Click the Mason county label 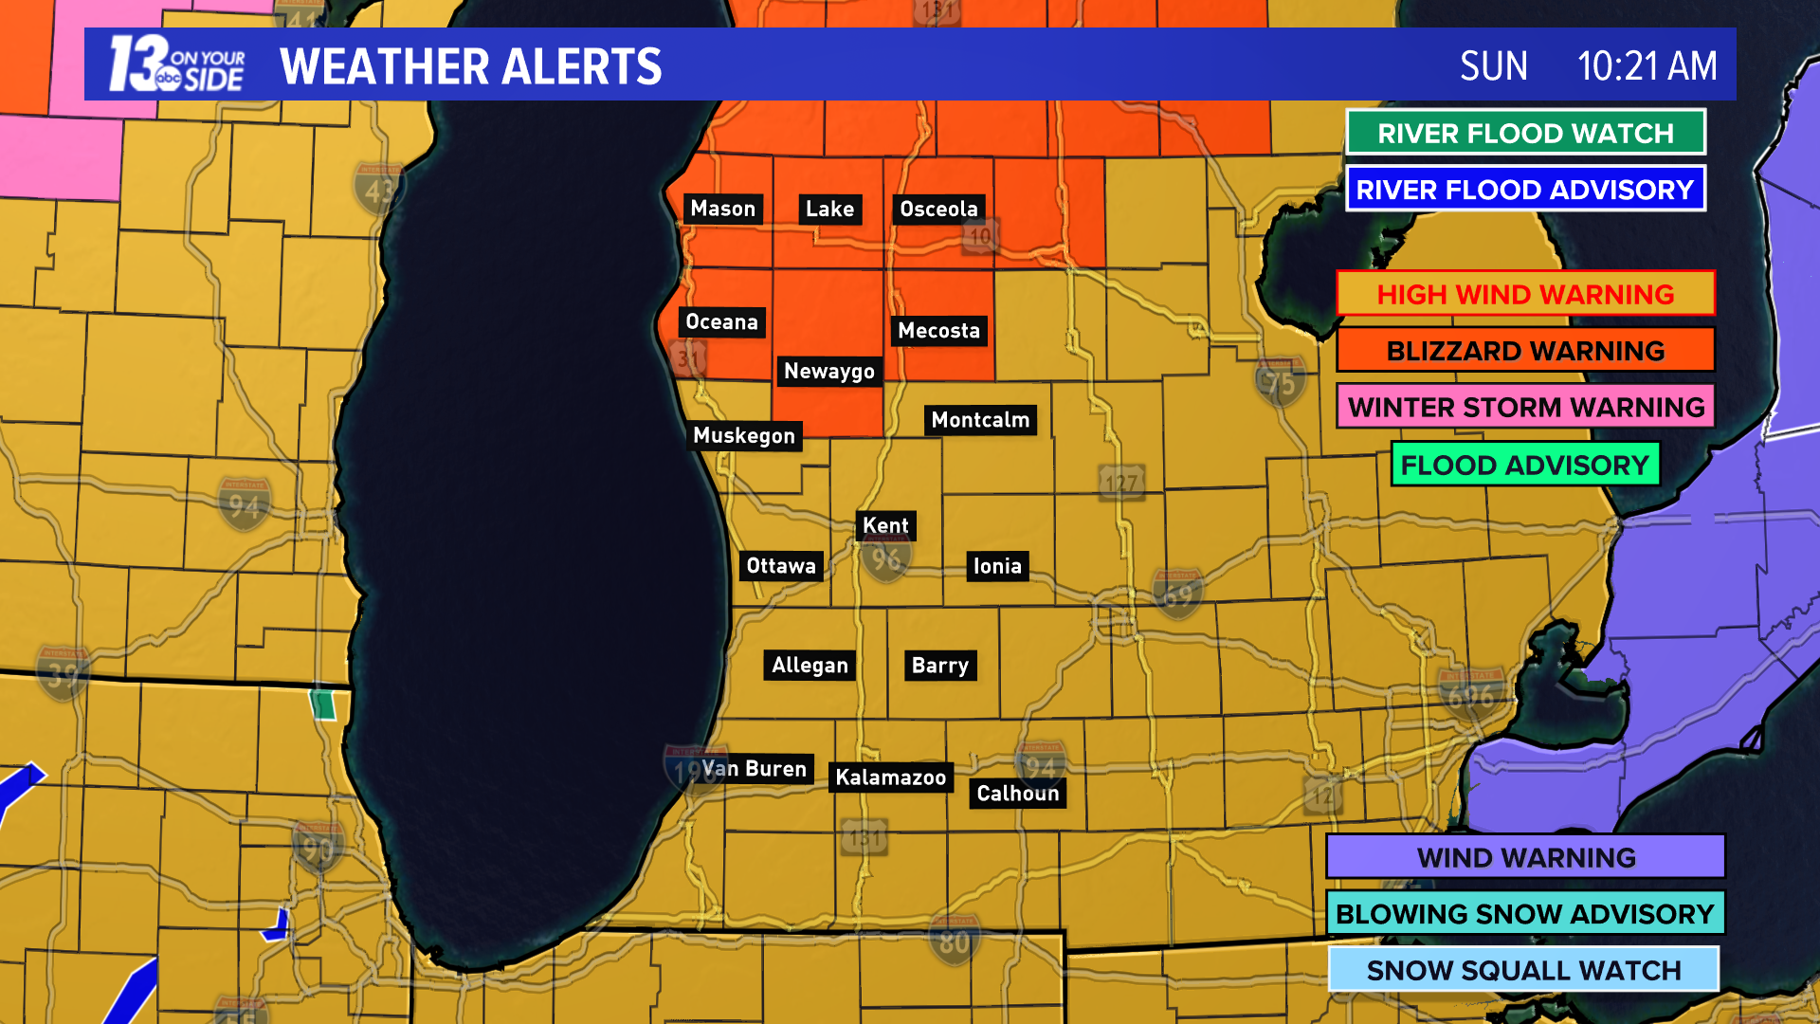click(x=722, y=209)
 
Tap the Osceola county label click(x=938, y=209)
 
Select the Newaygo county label click(x=828, y=371)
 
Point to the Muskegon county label click(x=744, y=435)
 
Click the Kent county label click(x=885, y=525)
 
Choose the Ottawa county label click(x=781, y=566)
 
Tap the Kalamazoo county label click(x=890, y=777)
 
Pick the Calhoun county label click(x=1017, y=794)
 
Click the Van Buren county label click(x=755, y=769)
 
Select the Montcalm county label click(x=980, y=420)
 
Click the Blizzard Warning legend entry click(x=1525, y=351)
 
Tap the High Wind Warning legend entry click(x=1525, y=294)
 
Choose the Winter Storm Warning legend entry click(x=1525, y=407)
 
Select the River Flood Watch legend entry click(x=1525, y=133)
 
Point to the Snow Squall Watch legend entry click(x=1523, y=970)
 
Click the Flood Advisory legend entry click(x=1525, y=465)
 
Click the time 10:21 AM click(x=1647, y=66)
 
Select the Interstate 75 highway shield click(x=1280, y=381)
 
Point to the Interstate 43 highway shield click(x=377, y=191)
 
